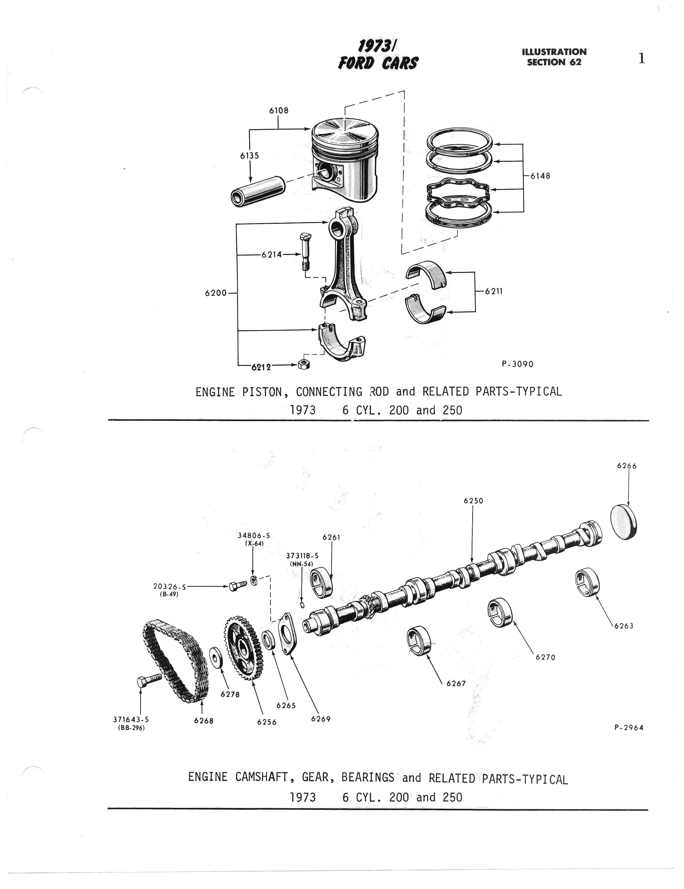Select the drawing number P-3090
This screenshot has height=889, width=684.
coord(517,364)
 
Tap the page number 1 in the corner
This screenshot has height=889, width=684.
coord(642,59)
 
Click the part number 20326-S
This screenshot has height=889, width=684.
coord(169,586)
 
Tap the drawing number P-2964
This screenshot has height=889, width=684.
coord(629,727)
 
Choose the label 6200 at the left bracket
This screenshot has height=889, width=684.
coord(216,293)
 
